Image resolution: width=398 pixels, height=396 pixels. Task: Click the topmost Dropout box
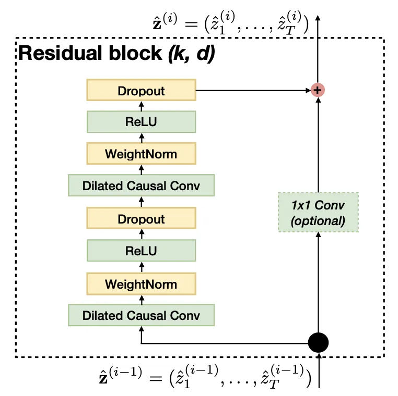click(x=141, y=90)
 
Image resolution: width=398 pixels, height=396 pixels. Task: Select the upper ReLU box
click(x=141, y=122)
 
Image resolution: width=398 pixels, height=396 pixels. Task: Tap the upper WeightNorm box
click(x=141, y=154)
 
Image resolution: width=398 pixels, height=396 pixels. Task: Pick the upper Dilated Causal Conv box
click(x=141, y=185)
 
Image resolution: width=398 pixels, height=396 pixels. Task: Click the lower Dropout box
click(x=141, y=218)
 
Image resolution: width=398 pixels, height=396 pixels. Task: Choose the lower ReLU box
click(x=141, y=251)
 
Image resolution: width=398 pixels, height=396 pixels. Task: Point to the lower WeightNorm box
click(x=141, y=284)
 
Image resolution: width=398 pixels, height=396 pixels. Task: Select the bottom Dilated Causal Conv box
click(x=141, y=315)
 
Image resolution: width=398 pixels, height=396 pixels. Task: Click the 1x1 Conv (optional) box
click(x=318, y=212)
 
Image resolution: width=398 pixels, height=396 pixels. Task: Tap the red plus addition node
click(x=318, y=90)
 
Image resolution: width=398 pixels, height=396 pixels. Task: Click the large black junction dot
click(x=318, y=342)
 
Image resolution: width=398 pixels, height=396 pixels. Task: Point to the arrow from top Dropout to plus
click(x=253, y=90)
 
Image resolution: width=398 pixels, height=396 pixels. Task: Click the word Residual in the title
click(x=60, y=53)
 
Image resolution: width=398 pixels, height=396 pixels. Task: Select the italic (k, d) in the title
click(x=191, y=54)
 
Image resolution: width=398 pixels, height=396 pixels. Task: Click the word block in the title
click(x=135, y=53)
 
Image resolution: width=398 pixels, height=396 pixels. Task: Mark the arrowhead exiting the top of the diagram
click(x=318, y=18)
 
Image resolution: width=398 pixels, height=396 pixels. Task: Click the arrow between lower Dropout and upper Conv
click(x=142, y=202)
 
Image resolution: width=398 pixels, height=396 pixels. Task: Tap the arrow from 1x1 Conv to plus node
click(x=318, y=145)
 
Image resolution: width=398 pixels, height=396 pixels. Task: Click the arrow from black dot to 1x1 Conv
click(x=318, y=282)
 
